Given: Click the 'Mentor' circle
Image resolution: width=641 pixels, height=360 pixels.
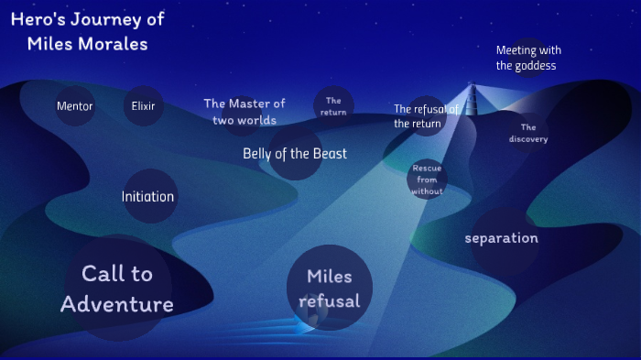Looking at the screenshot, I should coord(75,105).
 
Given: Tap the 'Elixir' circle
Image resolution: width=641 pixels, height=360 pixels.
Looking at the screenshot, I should coord(142,105).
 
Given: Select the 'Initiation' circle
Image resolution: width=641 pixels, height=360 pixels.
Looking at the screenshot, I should coord(148,196).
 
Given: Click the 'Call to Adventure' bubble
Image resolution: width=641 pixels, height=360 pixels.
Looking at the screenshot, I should coord(117,289).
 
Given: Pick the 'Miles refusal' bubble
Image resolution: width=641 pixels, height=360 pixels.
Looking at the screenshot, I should coord(330,289).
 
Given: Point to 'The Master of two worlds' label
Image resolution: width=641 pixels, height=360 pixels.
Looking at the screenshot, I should coord(244,112).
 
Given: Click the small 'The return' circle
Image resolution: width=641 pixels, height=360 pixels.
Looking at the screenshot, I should coord(333,106).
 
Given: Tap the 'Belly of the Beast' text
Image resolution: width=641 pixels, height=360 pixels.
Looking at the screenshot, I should coord(295,153).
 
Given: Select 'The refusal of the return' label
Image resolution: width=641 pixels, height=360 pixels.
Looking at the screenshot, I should coord(426,116).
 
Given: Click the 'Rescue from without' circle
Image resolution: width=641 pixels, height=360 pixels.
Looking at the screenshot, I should coord(427,180).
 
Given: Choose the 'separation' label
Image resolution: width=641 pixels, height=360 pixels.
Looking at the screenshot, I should coord(502,238).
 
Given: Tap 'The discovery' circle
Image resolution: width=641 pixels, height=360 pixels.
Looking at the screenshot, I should coord(528,134).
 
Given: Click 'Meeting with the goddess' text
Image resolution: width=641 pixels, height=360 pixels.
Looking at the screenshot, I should coord(528,58).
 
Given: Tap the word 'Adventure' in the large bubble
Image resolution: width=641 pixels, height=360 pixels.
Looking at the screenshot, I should coord(117,304).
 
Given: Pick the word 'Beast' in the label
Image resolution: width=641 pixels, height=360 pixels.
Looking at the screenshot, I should coord(327,153).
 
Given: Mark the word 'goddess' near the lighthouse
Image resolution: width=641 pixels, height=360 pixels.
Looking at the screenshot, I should coord(535,65).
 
